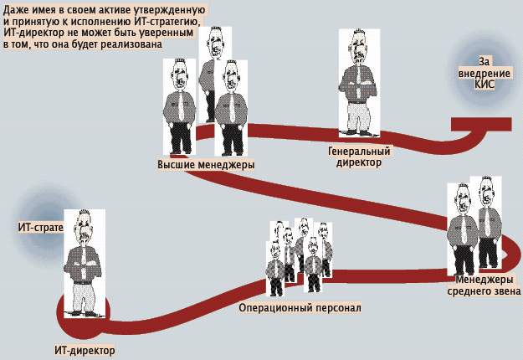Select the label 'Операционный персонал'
click(x=300, y=307)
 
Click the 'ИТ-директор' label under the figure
click(x=83, y=351)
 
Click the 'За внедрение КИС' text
click(x=485, y=74)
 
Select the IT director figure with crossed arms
click(x=84, y=260)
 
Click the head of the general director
click(x=358, y=45)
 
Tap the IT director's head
click(x=84, y=224)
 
